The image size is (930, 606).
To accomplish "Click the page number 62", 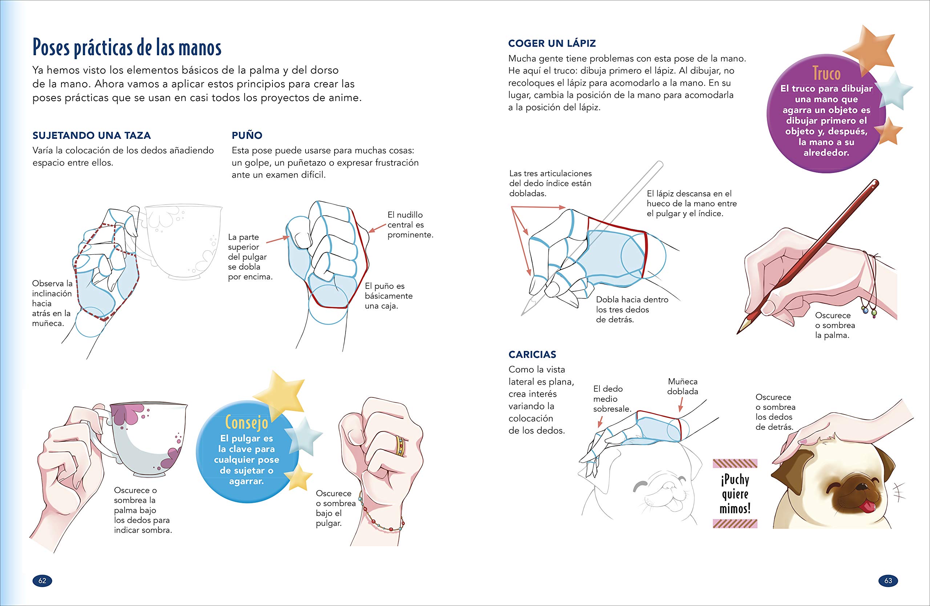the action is coord(42,581).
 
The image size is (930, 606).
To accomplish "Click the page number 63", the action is coord(888,581).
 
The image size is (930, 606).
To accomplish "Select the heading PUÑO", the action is coord(247,135).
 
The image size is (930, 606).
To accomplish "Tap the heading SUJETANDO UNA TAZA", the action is coord(92,136).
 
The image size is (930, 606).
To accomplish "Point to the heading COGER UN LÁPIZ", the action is coord(552,43).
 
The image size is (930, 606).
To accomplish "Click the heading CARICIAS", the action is coord(532,354).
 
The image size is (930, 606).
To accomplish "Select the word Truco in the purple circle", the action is coord(826,73).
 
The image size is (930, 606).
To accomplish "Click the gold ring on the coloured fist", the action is coord(400,446).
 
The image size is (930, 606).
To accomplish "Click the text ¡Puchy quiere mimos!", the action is coord(735,494).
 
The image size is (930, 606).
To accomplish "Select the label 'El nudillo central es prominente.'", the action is coord(410,225).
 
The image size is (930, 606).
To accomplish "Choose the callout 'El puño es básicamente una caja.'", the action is coord(388,296).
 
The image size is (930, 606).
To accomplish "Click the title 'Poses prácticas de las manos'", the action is coord(127,47).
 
